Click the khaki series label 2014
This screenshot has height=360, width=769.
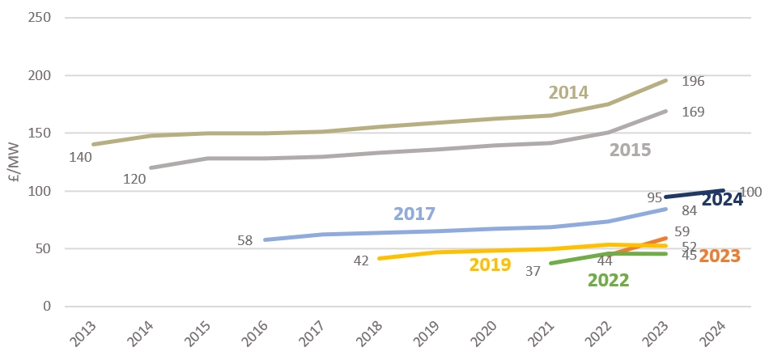(568, 92)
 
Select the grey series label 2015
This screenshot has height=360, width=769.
(631, 150)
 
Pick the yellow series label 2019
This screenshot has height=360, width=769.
(490, 265)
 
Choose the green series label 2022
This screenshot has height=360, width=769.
(608, 281)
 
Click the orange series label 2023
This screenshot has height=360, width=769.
(720, 256)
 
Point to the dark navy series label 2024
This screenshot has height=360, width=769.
(722, 200)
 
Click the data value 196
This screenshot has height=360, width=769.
(693, 81)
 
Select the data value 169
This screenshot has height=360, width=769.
(693, 113)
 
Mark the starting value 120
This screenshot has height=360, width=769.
(134, 180)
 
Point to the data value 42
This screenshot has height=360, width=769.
(360, 260)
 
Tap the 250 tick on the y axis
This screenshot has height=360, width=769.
(42, 18)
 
